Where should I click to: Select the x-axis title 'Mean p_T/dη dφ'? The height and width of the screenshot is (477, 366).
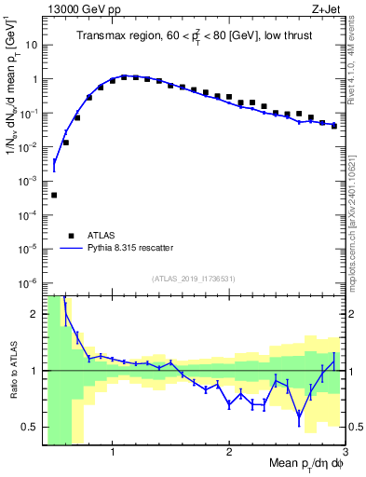click(x=305, y=463)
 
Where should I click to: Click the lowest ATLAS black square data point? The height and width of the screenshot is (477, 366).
click(x=54, y=195)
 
